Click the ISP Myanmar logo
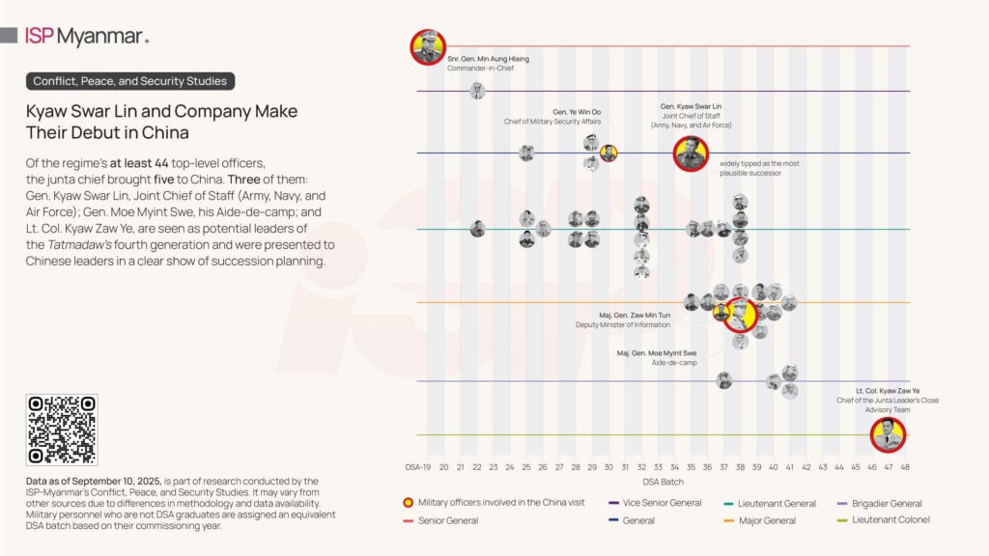pos(87,37)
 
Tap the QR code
pos(62,430)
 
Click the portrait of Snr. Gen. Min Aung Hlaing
pos(428,46)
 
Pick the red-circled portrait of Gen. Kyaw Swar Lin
pos(692,153)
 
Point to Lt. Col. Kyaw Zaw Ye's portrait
pos(888,435)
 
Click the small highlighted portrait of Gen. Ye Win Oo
pos(608,153)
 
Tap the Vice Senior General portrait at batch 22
pos(477,91)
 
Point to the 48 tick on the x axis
pos(905,467)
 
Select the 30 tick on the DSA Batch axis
pos(608,467)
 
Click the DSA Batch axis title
pos(662,482)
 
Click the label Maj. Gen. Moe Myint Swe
pos(656,353)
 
